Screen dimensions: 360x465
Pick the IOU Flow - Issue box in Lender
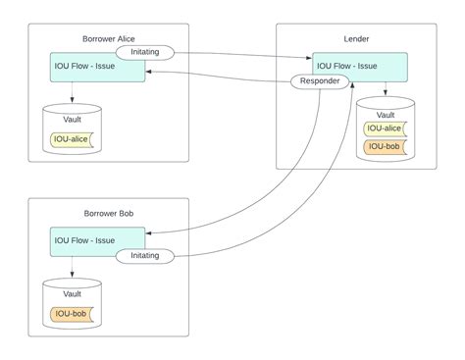(359, 67)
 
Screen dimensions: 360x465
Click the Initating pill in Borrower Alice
(145, 51)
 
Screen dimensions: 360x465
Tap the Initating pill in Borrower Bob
(145, 255)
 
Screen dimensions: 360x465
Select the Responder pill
(321, 82)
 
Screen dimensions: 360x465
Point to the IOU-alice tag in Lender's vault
(386, 128)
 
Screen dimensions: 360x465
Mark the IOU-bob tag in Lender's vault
(386, 147)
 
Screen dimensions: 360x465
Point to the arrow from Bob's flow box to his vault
(72, 270)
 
